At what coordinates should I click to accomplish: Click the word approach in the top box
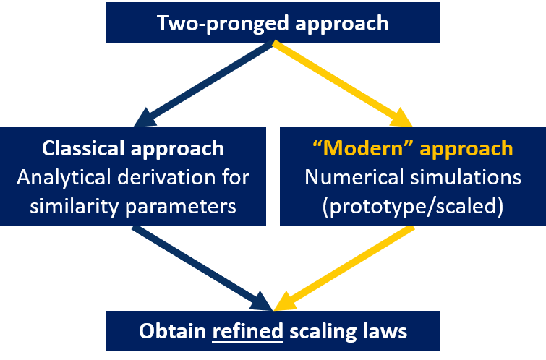pos(342,22)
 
